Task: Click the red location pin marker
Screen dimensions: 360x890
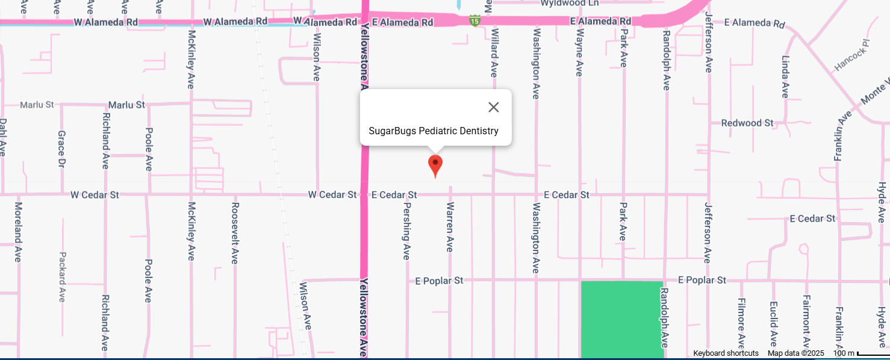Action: (435, 164)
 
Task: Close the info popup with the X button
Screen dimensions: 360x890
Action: (494, 107)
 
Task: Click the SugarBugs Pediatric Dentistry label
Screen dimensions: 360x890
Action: (434, 131)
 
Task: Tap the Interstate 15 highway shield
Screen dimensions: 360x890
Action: (475, 21)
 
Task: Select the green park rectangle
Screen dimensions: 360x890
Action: (621, 319)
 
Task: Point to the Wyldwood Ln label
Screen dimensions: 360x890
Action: (570, 3)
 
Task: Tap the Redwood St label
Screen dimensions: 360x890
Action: (747, 123)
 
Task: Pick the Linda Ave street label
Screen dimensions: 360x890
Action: (785, 76)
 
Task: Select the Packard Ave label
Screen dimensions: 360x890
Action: (62, 276)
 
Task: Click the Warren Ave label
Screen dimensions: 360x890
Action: (449, 227)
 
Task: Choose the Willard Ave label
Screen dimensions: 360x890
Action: (494, 53)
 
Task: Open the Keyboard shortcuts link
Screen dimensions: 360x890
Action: (726, 353)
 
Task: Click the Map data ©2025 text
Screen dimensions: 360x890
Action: (795, 353)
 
